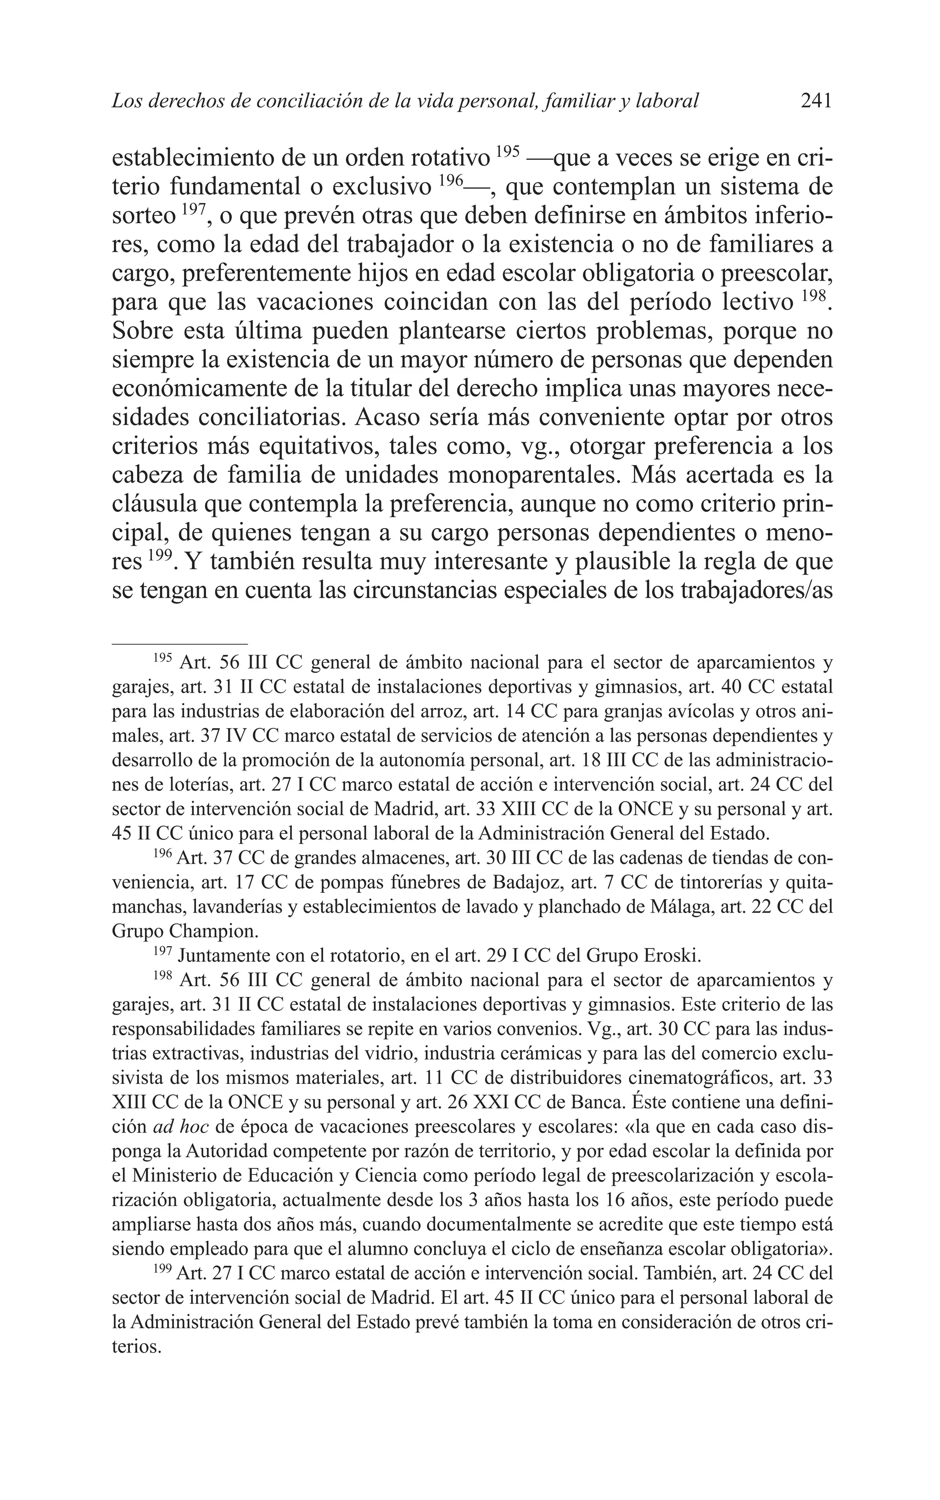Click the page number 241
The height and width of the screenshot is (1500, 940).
coord(816,100)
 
